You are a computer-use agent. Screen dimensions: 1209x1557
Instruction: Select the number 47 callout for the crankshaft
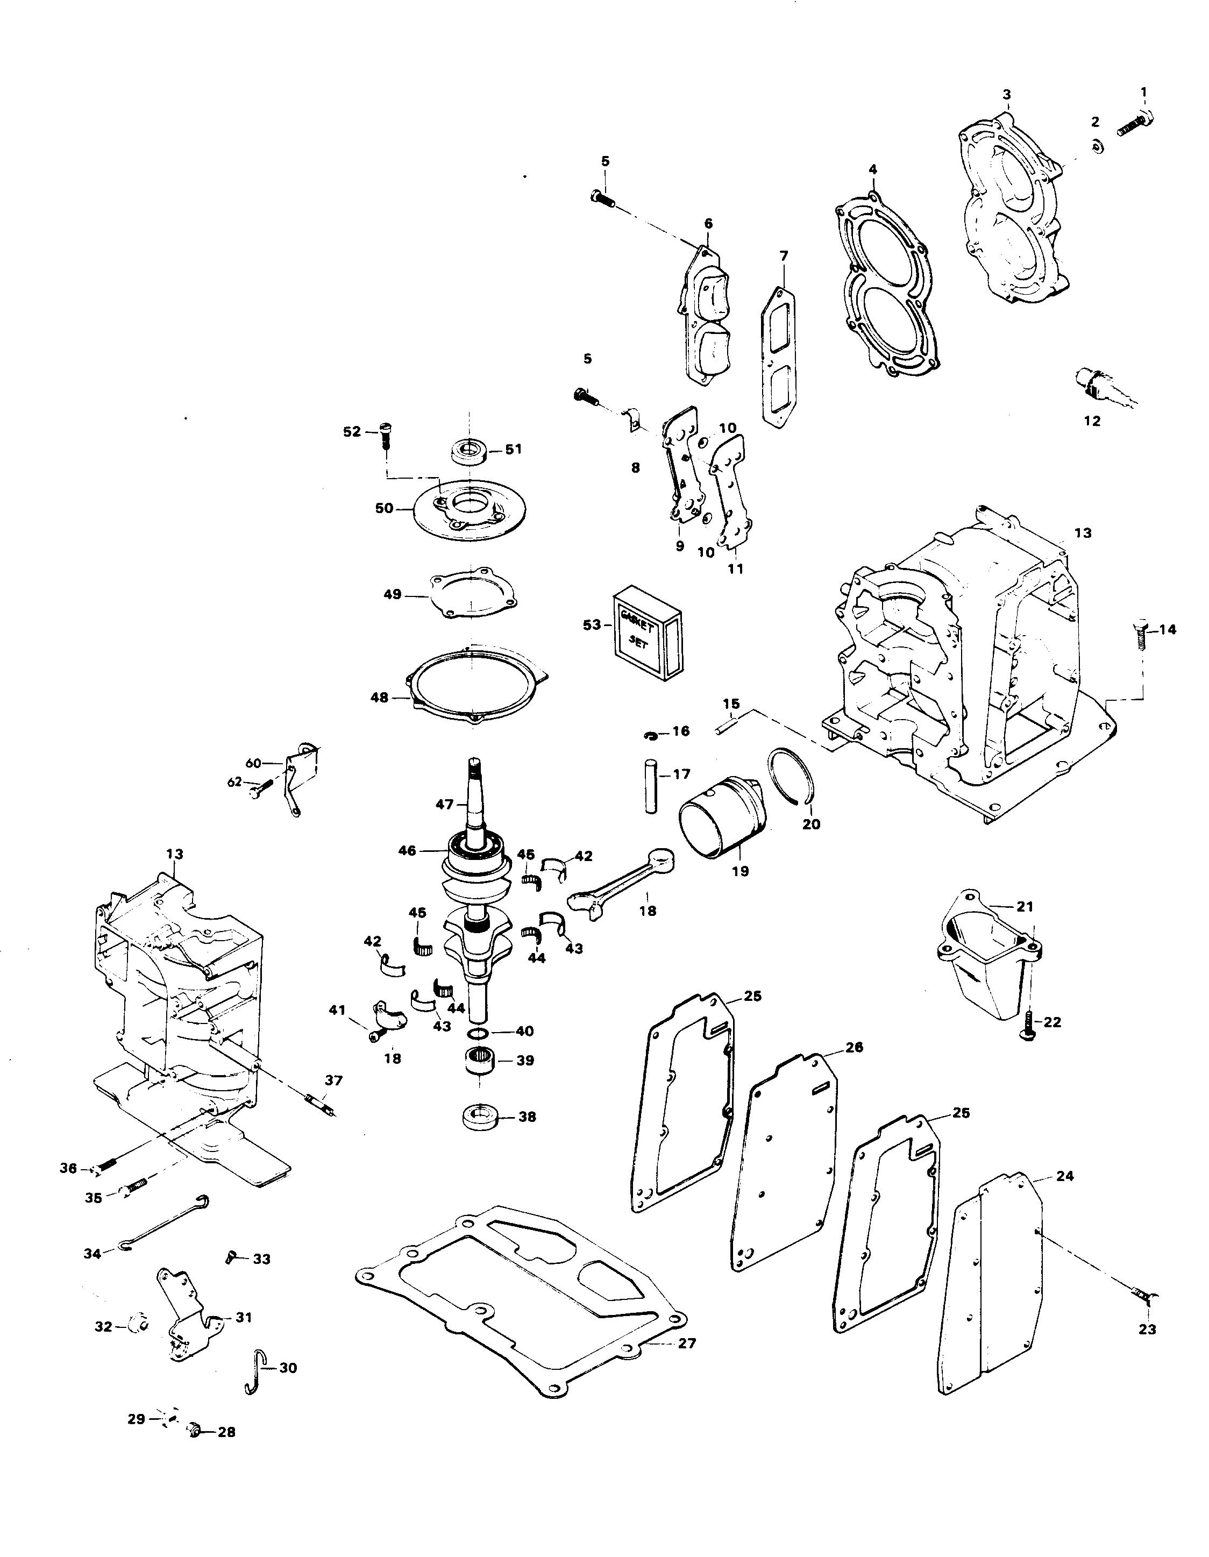point(444,804)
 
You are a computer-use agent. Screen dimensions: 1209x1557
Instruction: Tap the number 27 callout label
point(686,1344)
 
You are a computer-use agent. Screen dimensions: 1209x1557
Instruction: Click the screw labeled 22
point(1029,1023)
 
